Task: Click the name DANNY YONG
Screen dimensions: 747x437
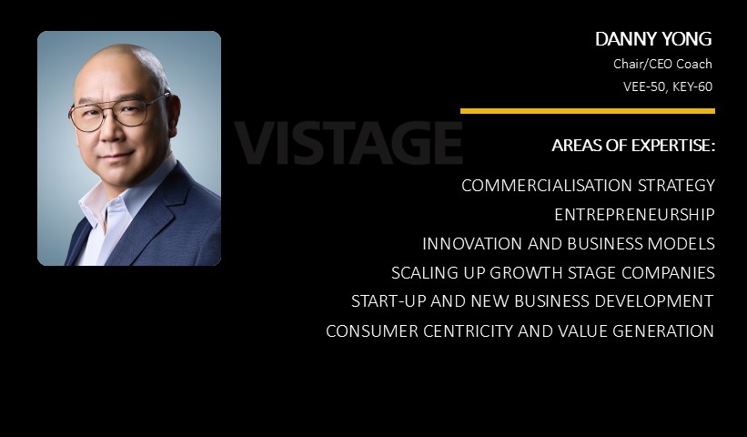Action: tap(653, 39)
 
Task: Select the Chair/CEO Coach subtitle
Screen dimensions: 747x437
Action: tap(662, 64)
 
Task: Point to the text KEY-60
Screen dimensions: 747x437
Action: tap(692, 86)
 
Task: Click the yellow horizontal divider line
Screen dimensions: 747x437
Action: tap(588, 111)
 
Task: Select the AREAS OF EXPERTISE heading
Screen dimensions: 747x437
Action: tap(633, 146)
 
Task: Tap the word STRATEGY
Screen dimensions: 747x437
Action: tap(677, 186)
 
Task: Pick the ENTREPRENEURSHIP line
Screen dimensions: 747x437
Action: tap(634, 215)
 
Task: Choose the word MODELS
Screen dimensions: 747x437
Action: tap(681, 243)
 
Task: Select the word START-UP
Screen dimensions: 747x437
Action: tap(389, 301)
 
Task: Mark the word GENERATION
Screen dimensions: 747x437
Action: tap(663, 330)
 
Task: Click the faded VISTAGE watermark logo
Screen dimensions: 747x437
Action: tap(348, 142)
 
